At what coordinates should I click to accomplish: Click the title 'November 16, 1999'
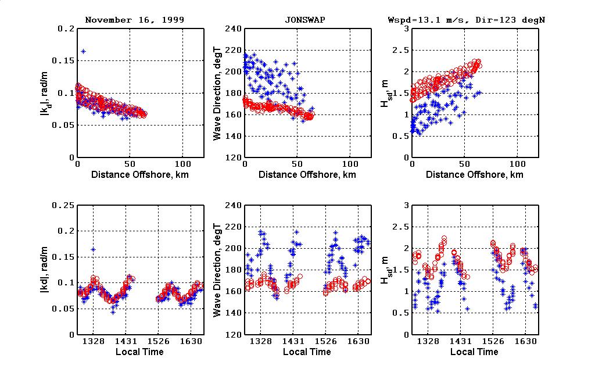point(135,20)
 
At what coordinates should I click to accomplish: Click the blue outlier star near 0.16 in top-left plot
point(83,52)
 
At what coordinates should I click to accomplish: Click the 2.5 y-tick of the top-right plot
point(402,50)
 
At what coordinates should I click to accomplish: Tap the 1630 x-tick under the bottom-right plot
point(525,342)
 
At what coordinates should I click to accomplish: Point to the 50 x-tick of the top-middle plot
point(297,165)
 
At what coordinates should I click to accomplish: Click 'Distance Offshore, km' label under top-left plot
point(139,175)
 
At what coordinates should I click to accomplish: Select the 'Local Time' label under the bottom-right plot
point(474,352)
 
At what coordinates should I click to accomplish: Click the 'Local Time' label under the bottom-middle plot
point(307,352)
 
